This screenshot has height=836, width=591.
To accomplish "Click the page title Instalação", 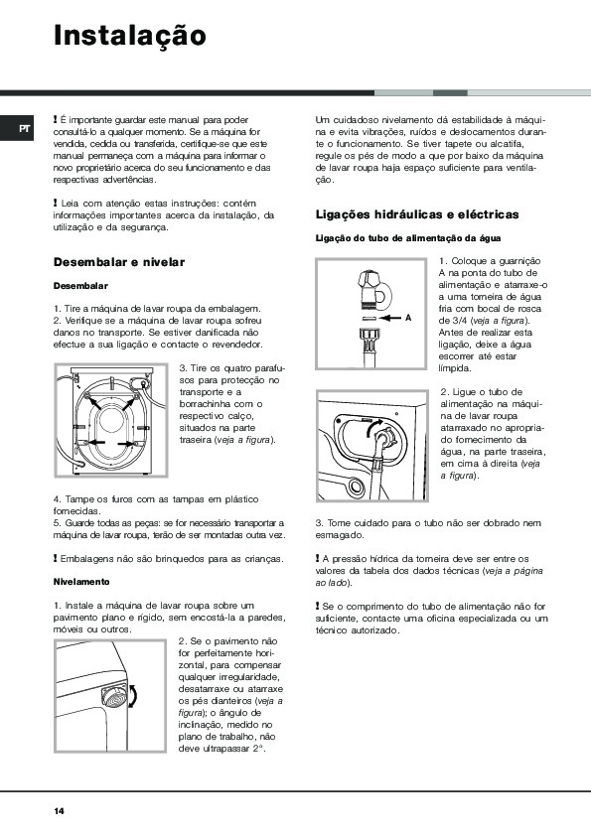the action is pos(129,37).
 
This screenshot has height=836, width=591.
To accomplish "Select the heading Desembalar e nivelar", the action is pos(119,262).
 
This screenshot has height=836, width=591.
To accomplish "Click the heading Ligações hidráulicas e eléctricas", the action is pos(417,214).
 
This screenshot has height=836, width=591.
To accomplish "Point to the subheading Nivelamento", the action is pos(81,582).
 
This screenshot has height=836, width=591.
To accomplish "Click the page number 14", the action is pos(59,811).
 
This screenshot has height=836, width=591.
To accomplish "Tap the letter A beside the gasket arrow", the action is pos(408,318).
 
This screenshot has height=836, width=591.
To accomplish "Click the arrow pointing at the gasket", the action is pos(391,318).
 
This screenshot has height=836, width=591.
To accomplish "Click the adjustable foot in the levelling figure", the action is pos(114,696).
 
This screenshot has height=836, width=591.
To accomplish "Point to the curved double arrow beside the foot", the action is pos(133,695).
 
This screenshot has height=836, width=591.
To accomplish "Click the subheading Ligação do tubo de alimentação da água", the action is pos(408,238).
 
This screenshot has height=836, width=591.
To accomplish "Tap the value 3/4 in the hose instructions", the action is pos(459,321).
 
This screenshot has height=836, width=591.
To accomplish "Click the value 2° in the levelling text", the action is pos(258,749).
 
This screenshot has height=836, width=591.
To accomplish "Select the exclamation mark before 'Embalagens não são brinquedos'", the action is pos(55,558).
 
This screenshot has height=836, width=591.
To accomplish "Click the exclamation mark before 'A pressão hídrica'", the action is pos(317,558).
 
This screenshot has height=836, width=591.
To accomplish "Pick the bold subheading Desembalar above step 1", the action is pos(80,286).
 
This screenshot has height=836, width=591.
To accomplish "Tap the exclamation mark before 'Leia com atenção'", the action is pos(55,203).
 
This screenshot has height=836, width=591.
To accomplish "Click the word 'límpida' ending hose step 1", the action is pos(455,368).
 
